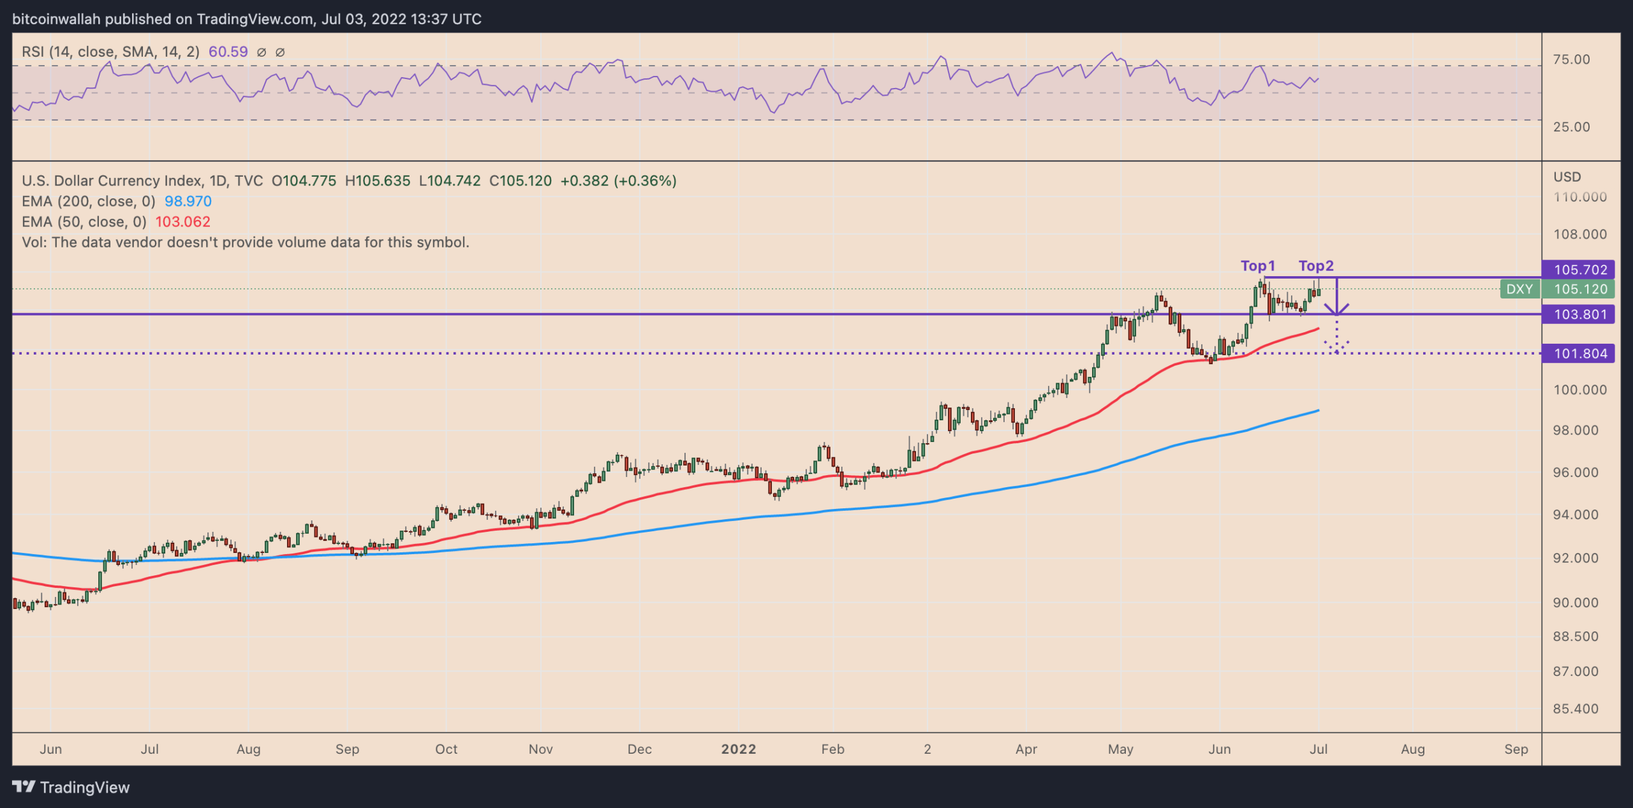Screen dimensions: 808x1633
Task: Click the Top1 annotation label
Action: click(1257, 266)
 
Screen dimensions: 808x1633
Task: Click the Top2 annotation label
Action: click(1316, 266)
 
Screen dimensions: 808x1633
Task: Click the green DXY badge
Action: click(1519, 289)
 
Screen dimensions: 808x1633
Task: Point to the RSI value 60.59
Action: click(228, 52)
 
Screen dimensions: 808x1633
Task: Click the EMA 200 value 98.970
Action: click(188, 202)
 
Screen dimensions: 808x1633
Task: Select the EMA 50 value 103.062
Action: click(182, 222)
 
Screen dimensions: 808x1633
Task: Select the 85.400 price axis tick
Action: click(1576, 709)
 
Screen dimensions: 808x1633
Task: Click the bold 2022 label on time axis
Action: click(738, 749)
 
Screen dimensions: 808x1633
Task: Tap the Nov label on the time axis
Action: click(540, 749)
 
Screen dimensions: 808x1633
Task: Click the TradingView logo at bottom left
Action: click(70, 788)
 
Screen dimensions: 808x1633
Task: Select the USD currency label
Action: click(1567, 177)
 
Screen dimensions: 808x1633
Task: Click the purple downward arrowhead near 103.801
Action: click(1336, 310)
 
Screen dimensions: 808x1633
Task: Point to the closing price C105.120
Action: click(520, 181)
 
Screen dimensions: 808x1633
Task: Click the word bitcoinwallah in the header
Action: click(56, 19)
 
